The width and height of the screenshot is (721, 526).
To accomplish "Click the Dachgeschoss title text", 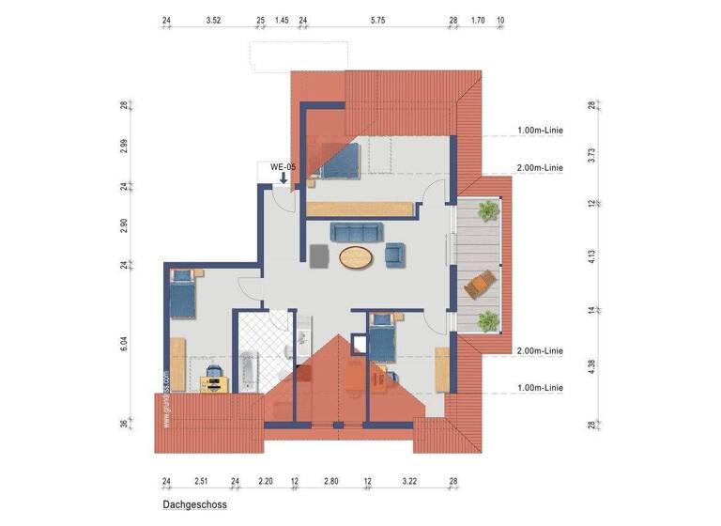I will click(194, 504).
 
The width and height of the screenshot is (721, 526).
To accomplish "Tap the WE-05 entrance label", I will click(283, 166).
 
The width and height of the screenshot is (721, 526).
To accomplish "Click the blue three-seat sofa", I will click(357, 231).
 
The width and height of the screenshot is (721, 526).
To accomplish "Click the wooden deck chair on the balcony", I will click(483, 281).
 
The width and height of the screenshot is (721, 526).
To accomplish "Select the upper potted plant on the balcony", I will click(486, 212).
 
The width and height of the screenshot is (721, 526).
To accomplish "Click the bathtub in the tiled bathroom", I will click(249, 371).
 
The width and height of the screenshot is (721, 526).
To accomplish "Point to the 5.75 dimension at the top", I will click(377, 19).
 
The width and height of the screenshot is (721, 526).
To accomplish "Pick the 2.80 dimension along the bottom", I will click(330, 480).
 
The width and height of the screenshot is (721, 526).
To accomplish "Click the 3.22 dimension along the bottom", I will click(409, 480).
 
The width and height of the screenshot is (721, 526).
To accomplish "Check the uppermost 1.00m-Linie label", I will click(539, 131).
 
